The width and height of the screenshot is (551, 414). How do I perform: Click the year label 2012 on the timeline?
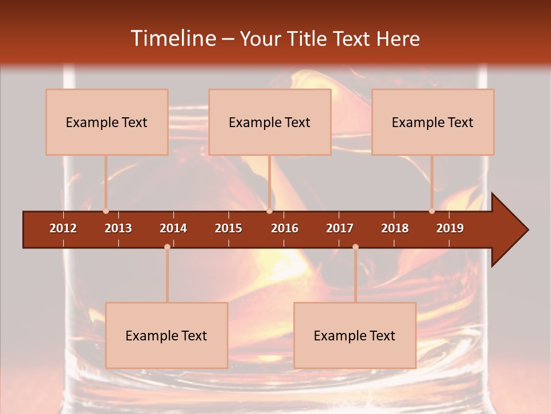click(x=63, y=228)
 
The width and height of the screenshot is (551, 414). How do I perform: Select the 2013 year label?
click(x=118, y=228)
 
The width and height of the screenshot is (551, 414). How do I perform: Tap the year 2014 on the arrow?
click(x=173, y=228)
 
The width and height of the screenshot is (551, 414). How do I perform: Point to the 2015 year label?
click(x=228, y=228)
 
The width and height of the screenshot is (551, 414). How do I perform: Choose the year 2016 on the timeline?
click(x=285, y=228)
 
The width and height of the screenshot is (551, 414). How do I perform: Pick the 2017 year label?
click(x=340, y=228)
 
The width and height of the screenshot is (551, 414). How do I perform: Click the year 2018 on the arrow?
click(x=395, y=228)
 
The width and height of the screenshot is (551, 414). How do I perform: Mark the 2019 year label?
click(x=450, y=228)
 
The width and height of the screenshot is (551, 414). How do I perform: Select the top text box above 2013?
click(x=107, y=122)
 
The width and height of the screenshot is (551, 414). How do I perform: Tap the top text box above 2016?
click(x=270, y=122)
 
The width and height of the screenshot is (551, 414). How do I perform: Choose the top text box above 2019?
click(x=433, y=122)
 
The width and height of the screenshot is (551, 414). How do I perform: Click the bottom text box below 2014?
click(x=166, y=335)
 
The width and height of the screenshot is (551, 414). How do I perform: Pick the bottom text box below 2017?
click(x=355, y=335)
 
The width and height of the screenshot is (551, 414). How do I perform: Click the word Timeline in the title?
click(x=172, y=39)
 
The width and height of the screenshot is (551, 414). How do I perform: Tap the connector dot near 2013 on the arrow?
click(x=106, y=211)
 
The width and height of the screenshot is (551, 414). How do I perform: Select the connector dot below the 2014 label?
click(x=167, y=247)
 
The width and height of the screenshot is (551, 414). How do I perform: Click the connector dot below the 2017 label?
click(x=355, y=247)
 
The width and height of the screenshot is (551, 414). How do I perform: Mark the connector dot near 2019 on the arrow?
click(x=432, y=211)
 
